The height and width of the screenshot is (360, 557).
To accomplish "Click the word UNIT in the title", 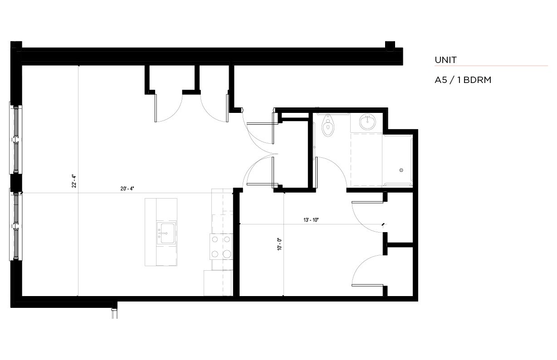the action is (x=445, y=60).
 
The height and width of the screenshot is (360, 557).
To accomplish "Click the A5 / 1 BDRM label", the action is (x=463, y=80).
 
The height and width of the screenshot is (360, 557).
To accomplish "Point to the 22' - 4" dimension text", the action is (x=74, y=181).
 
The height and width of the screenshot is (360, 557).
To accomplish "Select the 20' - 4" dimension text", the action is (x=127, y=189).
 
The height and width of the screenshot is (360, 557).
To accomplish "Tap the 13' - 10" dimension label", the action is (x=311, y=220).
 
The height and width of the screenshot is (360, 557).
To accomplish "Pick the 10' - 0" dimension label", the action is (x=279, y=244).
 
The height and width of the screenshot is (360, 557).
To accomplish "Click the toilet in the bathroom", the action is (x=328, y=125).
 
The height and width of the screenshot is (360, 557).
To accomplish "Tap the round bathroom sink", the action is (x=367, y=122).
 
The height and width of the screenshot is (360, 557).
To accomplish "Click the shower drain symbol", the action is (x=401, y=170).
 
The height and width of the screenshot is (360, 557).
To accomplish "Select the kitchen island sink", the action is (x=166, y=233).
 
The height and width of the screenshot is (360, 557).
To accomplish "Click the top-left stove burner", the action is (x=215, y=239).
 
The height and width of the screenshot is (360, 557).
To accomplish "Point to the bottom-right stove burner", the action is (x=227, y=254).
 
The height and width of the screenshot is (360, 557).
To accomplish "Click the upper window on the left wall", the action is (x=16, y=138).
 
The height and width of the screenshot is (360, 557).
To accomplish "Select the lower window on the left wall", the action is (x=16, y=224).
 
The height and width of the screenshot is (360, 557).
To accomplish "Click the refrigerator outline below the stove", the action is (x=218, y=283).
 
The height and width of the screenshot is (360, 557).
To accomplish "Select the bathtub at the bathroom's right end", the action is (x=398, y=161).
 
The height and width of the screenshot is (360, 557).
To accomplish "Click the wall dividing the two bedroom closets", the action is (x=400, y=245).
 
